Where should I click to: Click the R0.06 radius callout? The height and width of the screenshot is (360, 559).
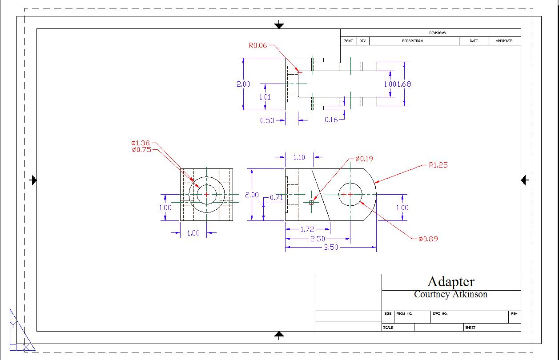tap(257, 45)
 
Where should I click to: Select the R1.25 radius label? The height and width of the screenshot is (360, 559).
tap(438, 165)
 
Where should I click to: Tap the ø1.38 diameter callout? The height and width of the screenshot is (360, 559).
tap(141, 143)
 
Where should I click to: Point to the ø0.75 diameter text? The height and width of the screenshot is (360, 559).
tap(141, 150)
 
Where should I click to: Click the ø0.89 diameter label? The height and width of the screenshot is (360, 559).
tap(428, 239)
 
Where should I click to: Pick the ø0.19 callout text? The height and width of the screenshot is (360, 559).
tap(364, 159)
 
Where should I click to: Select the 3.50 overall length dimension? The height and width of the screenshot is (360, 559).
tap(330, 248)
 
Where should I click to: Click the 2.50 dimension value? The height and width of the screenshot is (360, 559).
tap(317, 239)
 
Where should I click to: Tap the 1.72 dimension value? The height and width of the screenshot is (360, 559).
tap(307, 229)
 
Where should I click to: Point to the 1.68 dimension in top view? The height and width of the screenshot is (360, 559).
tap(404, 84)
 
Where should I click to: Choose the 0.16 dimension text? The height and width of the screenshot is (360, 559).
tap(331, 120)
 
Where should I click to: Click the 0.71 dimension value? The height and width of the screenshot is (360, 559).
tap(276, 197)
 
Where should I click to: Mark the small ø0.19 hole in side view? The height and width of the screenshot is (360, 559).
tap(311, 202)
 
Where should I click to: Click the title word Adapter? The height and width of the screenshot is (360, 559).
tap(451, 282)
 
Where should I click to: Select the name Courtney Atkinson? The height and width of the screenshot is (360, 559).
tap(450, 294)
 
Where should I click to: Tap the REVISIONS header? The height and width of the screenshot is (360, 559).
tap(437, 33)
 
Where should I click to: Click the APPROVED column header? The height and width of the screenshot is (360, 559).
tap(504, 41)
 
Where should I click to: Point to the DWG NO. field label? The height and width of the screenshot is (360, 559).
tap(440, 314)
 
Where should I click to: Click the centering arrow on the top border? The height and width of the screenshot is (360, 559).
tap(279, 25)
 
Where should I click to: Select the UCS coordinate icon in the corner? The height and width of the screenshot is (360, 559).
tap(20, 333)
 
